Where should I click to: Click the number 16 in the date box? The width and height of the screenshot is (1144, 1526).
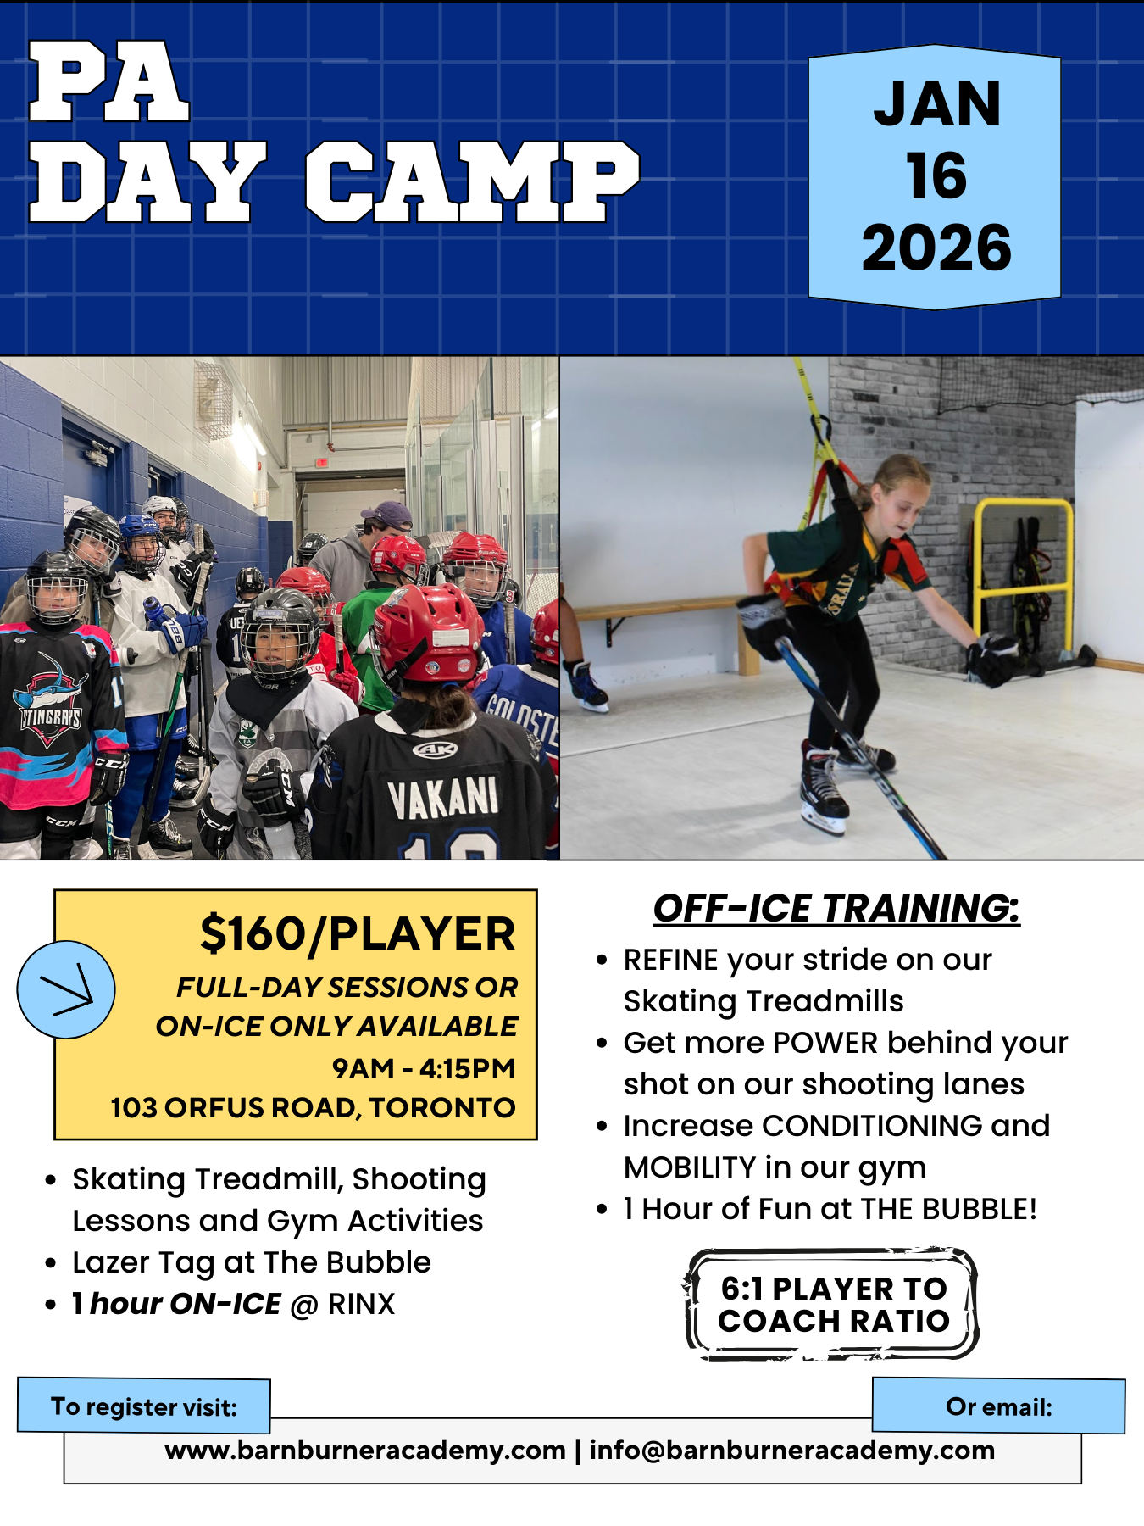coord(936,175)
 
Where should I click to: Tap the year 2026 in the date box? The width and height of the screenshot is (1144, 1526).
coord(936,248)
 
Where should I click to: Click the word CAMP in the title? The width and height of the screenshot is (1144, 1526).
coord(472,182)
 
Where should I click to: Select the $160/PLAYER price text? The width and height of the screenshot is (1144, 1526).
coord(357,933)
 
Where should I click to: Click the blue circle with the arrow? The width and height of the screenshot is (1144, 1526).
coord(66,989)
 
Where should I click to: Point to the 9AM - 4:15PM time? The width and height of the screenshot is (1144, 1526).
coord(424,1068)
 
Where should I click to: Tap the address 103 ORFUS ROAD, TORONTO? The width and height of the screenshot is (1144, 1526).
coord(313,1107)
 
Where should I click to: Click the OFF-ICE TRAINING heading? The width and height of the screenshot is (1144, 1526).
coord(836,908)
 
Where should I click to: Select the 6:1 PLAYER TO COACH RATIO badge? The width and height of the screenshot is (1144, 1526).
coord(832,1304)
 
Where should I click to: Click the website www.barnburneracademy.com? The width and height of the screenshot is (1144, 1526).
coord(365,1450)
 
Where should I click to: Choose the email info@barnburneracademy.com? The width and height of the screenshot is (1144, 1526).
coord(792,1450)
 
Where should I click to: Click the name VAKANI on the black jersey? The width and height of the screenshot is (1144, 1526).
coord(443,798)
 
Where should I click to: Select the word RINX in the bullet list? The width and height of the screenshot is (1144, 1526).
coord(362,1304)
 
